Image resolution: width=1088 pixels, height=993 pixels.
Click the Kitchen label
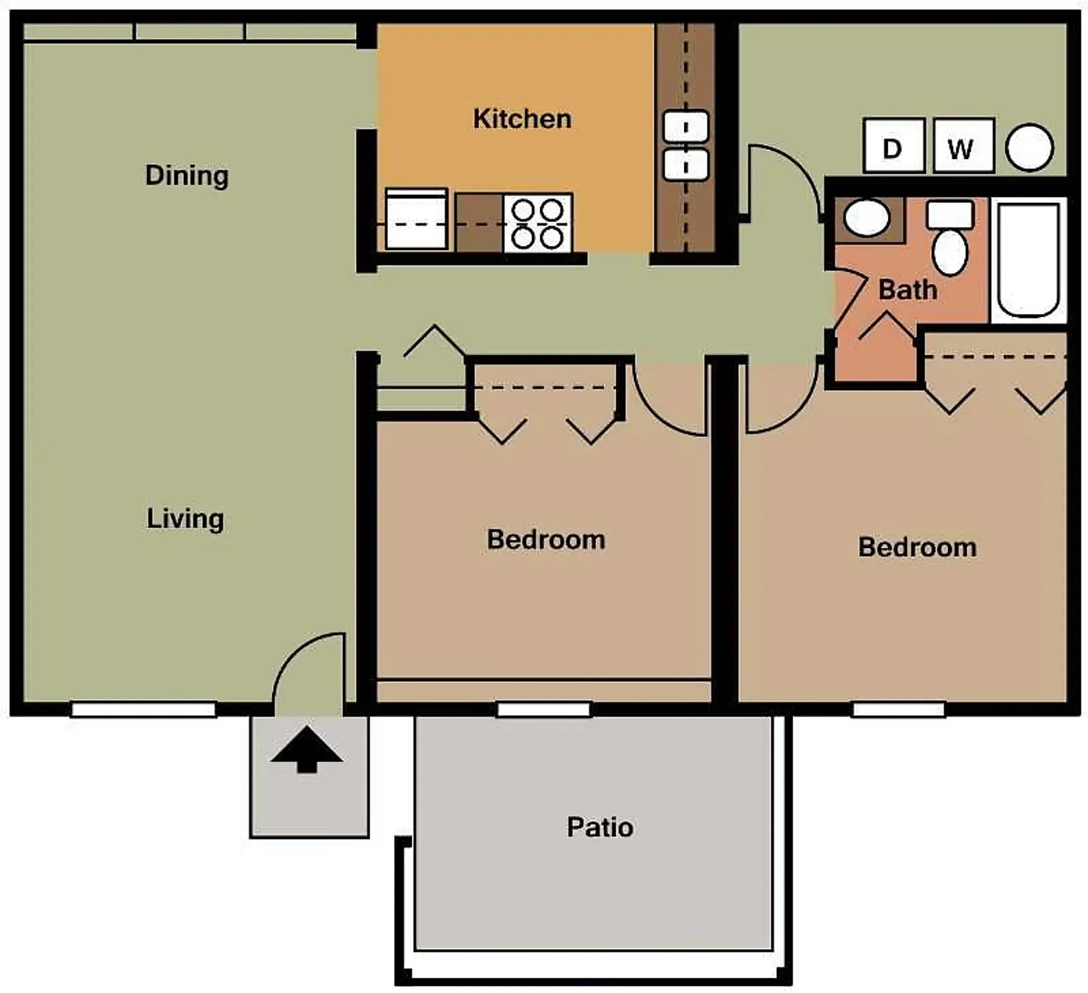point(522,119)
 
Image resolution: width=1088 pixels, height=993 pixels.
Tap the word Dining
point(187,176)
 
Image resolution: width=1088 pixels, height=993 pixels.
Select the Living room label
point(185,519)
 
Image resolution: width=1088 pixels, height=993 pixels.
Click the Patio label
point(600,828)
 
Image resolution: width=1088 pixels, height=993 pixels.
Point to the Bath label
point(908,289)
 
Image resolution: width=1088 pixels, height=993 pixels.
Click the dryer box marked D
point(894,146)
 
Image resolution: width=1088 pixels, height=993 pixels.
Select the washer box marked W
point(963,146)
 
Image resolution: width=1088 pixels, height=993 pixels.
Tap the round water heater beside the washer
point(1029,147)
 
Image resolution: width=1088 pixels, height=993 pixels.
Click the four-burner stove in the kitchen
point(537,223)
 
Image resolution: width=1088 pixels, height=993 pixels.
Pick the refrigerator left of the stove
point(416,219)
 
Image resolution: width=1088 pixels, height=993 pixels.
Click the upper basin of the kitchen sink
point(686,127)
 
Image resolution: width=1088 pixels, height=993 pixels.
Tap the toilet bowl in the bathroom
point(950,252)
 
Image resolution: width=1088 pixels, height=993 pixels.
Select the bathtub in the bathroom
point(1028,260)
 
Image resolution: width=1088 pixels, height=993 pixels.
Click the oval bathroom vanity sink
point(867,218)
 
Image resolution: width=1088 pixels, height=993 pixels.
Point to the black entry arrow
point(307,749)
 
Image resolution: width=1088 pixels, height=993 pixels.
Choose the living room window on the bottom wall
point(144,710)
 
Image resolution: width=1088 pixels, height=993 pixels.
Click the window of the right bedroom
point(898,710)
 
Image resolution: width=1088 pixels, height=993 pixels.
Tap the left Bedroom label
point(546,540)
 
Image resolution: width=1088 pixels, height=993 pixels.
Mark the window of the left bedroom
point(544,710)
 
